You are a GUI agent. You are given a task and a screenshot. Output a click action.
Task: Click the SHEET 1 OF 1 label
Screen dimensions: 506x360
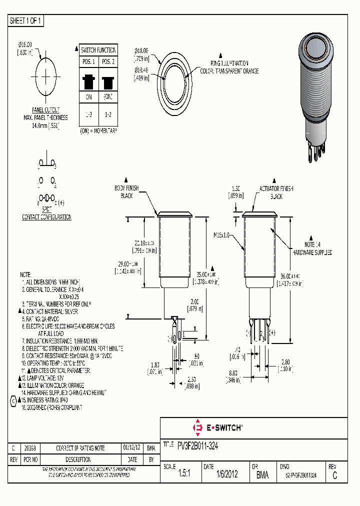tap(26, 21)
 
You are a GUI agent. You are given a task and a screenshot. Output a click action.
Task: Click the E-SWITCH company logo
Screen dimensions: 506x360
tap(218, 427)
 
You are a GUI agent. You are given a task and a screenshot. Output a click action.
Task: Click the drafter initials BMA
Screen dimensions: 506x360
tap(262, 475)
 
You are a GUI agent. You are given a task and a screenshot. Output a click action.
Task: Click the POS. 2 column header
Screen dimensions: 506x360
tap(108, 61)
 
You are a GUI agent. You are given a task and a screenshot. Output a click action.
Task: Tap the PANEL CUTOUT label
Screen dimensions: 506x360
tap(46, 110)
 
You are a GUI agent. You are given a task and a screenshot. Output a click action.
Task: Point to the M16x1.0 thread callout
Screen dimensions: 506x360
tap(220, 234)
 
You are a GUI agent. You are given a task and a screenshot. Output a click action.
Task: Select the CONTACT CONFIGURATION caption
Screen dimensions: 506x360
tap(46, 217)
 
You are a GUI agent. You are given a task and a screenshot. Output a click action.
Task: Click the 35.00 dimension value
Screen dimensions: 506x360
tap(205, 274)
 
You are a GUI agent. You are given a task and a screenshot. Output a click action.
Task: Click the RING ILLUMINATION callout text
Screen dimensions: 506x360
tap(229, 64)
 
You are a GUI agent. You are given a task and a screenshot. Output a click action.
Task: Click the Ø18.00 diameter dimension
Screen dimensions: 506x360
tap(142, 50)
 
